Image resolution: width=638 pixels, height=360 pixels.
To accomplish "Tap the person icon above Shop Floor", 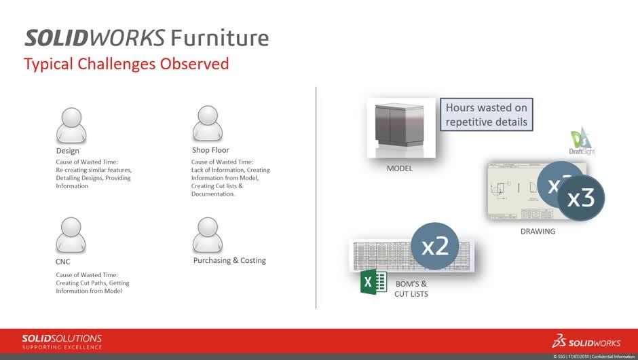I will click(208, 124).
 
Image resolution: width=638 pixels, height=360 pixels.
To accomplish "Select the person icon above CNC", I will click(71, 236).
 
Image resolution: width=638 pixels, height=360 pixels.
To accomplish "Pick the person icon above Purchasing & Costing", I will click(208, 235).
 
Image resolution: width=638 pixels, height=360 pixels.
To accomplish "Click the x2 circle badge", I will click(435, 246).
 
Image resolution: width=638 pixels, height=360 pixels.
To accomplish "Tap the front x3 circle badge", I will click(580, 197).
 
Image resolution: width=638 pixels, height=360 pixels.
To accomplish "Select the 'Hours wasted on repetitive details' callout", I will click(485, 115).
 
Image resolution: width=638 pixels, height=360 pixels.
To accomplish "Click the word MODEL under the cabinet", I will click(400, 168).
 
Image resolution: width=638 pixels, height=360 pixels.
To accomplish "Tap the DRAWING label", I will click(538, 231).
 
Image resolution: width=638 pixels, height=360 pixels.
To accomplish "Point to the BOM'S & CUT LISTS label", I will click(411, 289).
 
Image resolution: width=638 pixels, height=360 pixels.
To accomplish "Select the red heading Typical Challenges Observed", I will click(126, 65).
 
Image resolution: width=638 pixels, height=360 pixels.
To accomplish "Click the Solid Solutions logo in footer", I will click(62, 341).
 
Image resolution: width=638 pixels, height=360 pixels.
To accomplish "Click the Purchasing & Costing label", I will click(229, 260).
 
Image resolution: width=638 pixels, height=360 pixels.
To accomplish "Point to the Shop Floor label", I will click(210, 150).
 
